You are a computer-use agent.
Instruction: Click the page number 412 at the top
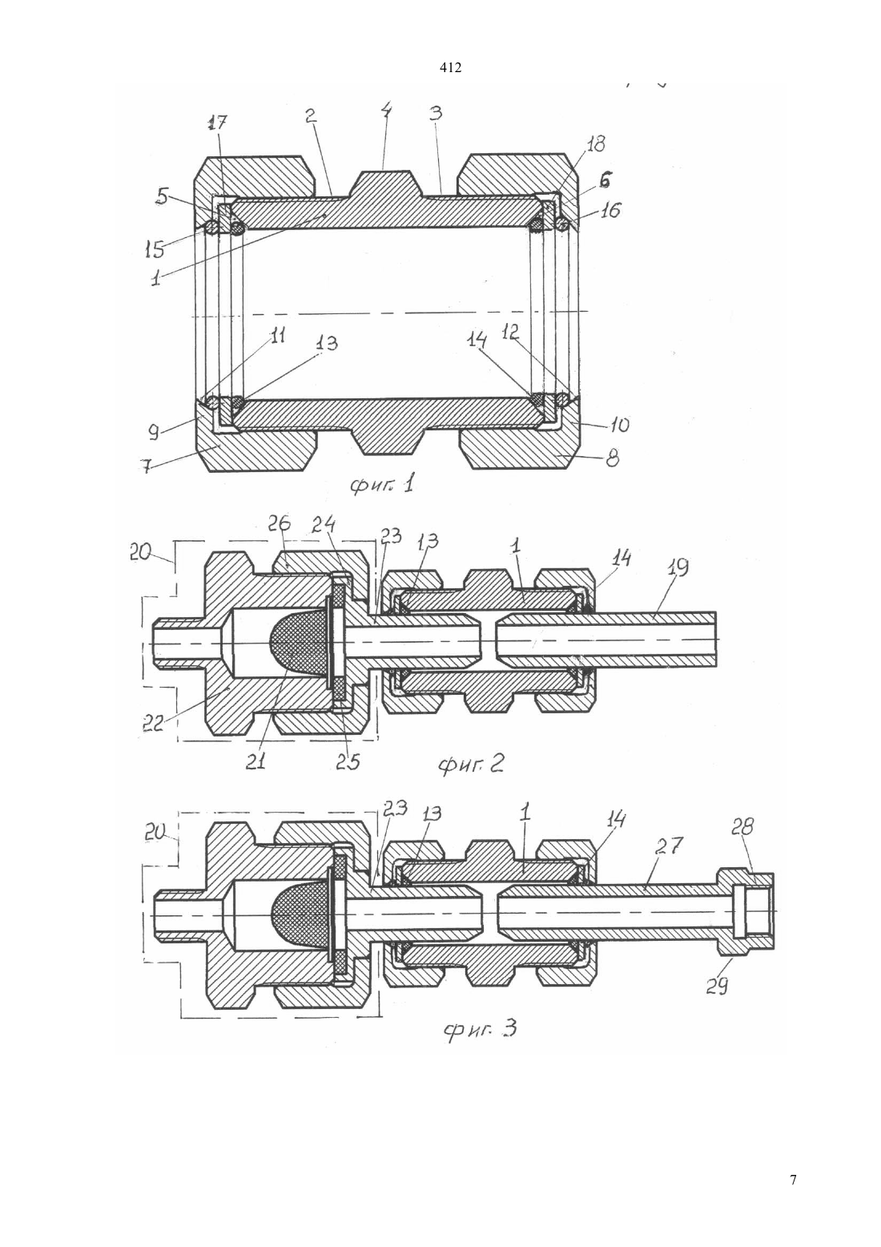450,68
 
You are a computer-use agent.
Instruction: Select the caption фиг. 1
381,486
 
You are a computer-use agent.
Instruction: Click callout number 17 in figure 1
218,123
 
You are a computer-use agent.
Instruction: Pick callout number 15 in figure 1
155,250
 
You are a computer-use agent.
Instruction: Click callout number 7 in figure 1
147,466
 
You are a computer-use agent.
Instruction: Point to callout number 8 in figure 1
612,460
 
